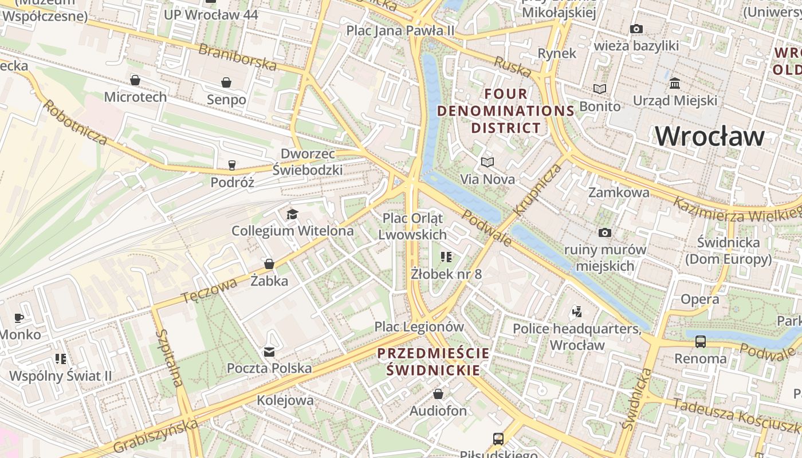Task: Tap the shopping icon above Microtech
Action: point(135,80)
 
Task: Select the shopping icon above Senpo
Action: point(226,82)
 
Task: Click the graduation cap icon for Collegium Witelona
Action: point(292,214)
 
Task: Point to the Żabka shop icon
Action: point(269,264)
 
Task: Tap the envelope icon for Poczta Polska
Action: point(269,352)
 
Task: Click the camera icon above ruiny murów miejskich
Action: point(604,232)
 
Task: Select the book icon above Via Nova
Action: point(488,163)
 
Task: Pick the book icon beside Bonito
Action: point(600,89)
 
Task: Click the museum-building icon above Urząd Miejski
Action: point(675,84)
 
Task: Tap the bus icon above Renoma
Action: point(700,342)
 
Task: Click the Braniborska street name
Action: point(237,56)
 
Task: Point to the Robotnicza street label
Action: point(75,122)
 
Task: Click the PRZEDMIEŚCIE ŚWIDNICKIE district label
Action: point(434,361)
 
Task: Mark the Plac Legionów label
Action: point(419,327)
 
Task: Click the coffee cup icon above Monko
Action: point(19,318)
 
